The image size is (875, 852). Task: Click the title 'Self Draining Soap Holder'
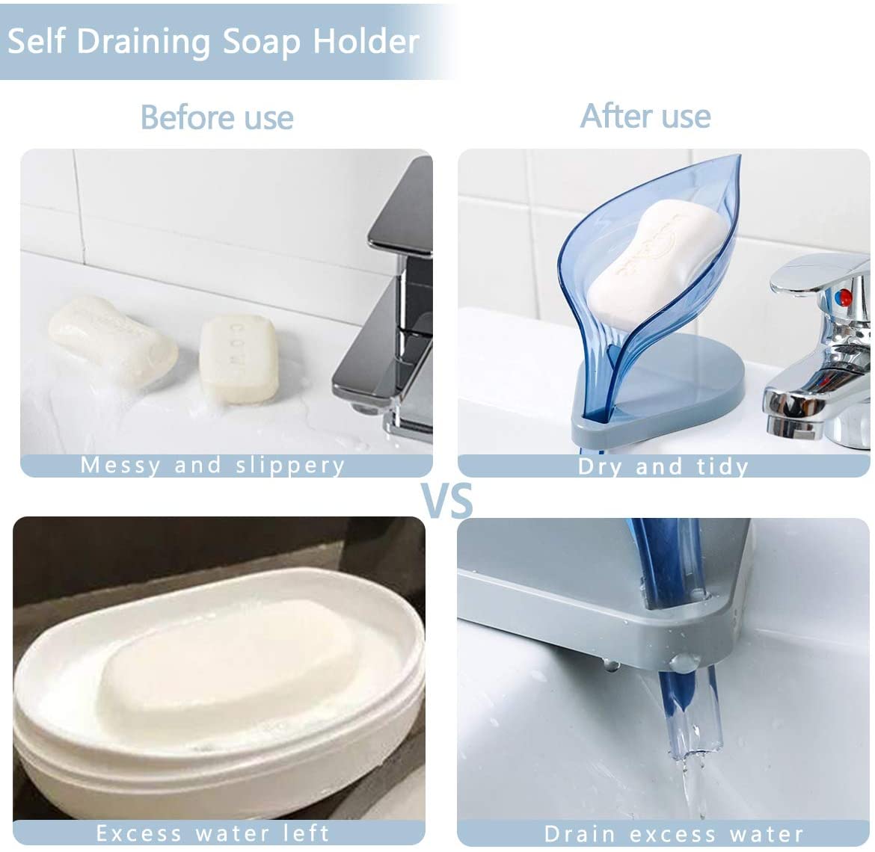213,42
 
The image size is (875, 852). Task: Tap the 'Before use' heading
217,117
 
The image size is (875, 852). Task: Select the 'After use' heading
645,116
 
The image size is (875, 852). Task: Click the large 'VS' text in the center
446,500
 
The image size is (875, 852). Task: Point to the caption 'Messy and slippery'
213,465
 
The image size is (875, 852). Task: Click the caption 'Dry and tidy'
663,466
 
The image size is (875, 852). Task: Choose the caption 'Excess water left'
213,833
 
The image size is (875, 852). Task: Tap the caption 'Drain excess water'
674,833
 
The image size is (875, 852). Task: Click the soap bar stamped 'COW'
239,358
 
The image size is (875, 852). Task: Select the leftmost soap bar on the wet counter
112,340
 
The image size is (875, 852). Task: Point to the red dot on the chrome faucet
844,297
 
